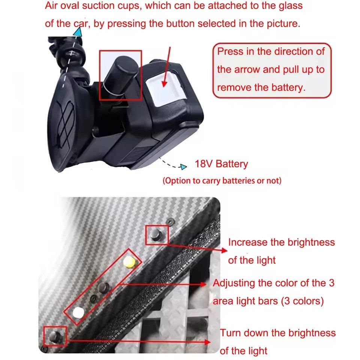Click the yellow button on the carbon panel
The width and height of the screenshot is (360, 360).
click(129, 262)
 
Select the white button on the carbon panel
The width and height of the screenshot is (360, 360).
click(78, 312)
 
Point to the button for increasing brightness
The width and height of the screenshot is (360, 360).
click(156, 234)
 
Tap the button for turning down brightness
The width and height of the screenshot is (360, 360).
click(55, 337)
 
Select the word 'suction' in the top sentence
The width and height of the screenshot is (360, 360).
click(99, 6)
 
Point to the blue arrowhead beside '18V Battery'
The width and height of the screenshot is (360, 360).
click(183, 166)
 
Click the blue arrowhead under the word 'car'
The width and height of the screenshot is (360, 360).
click(78, 32)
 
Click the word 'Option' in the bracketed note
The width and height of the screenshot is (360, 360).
click(178, 181)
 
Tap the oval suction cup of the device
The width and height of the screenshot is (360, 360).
click(63, 124)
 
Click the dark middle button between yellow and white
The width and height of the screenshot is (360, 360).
click(103, 287)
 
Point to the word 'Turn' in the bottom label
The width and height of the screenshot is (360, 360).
click(231, 333)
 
